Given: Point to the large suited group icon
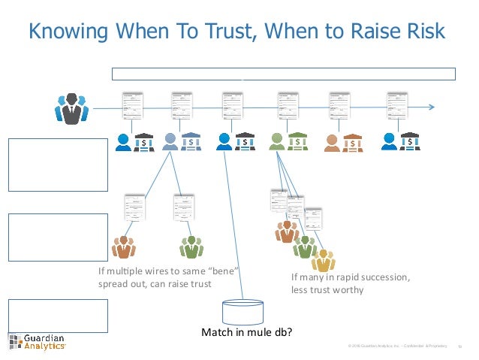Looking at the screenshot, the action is click(71, 110).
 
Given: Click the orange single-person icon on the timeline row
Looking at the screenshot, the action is click(332, 141).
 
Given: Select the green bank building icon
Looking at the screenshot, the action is click(298, 141).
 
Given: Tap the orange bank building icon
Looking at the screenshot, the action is click(351, 141).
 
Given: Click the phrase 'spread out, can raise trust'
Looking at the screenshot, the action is click(155, 284).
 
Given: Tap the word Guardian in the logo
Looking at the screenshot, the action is click(43, 336).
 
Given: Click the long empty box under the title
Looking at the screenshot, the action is click(284, 74).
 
